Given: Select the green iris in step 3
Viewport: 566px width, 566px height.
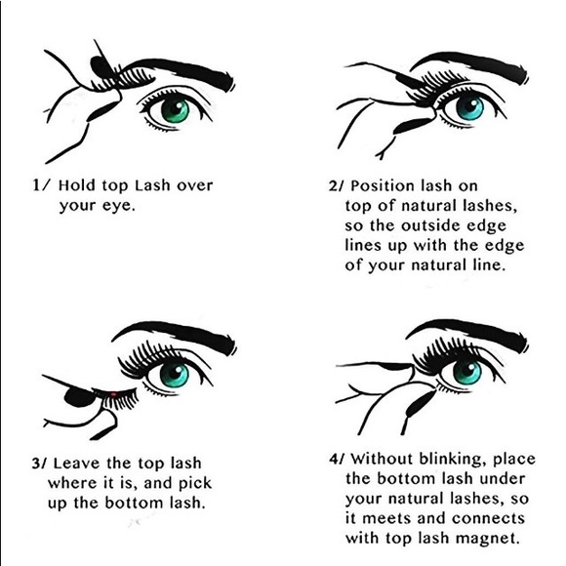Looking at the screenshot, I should coord(174,374).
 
